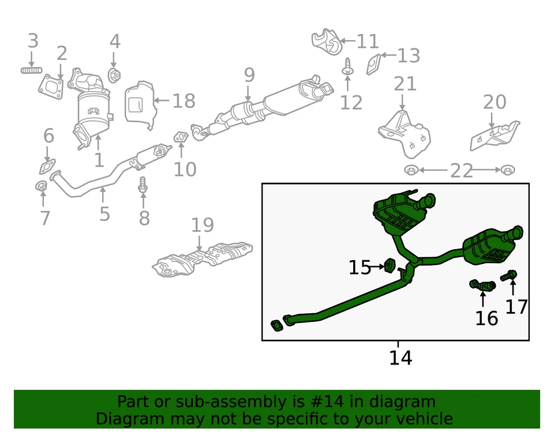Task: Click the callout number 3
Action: (33, 41)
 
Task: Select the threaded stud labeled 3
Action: (32, 70)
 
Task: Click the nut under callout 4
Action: (114, 74)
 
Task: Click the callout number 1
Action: (99, 160)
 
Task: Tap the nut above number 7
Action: (42, 187)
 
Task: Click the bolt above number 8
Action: (143, 186)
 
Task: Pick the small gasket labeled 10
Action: (180, 137)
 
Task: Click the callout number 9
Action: (249, 75)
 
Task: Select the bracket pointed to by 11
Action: (326, 40)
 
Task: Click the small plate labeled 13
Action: (373, 63)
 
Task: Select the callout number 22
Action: (461, 171)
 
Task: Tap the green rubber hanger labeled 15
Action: (390, 266)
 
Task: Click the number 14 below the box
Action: (400, 358)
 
